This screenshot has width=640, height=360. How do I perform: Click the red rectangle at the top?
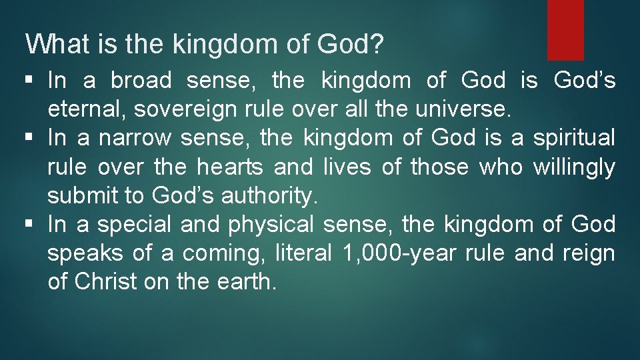tap(565, 29)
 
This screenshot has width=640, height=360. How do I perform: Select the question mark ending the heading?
tap(377, 44)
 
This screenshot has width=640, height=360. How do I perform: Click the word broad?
tap(141, 81)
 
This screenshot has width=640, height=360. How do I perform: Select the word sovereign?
tap(160, 109)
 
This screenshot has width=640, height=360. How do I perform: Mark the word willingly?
tap(574, 167)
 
